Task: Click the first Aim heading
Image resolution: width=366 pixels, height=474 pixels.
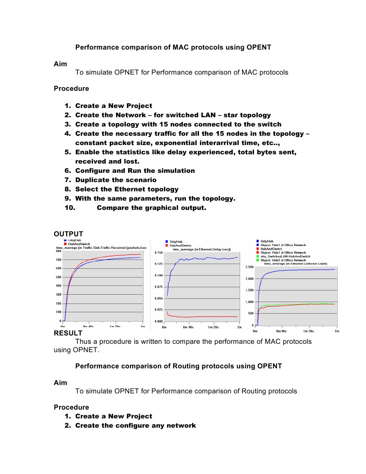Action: click(x=60, y=63)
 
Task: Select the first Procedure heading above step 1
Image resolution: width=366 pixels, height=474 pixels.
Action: click(x=71, y=88)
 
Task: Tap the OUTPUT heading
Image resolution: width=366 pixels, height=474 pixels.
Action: click(x=68, y=234)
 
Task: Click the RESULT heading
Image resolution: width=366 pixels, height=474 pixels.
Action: click(x=68, y=333)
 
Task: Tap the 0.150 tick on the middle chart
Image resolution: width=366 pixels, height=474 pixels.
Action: click(x=159, y=253)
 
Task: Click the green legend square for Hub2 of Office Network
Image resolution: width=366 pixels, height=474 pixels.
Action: click(x=257, y=260)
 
